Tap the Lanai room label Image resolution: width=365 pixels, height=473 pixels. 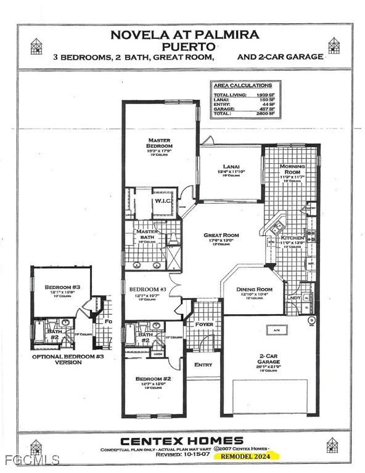223,166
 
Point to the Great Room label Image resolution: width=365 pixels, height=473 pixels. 221,235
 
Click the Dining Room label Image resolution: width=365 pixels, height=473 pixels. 255,289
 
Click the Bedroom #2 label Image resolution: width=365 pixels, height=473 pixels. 149,378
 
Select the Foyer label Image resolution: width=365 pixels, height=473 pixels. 204,324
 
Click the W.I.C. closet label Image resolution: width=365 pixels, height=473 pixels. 163,201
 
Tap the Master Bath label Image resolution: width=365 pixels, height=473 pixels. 147,235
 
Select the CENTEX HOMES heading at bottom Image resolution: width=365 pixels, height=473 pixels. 182,440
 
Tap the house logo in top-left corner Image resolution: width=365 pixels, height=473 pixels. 36,45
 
